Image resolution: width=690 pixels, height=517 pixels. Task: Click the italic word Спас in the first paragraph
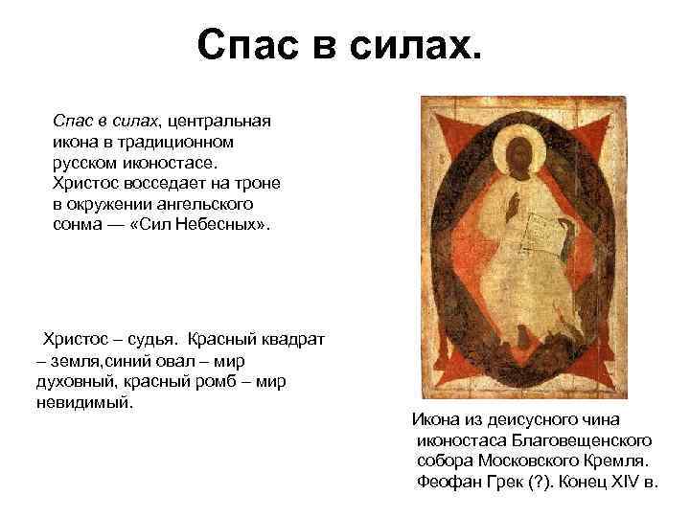[x=73, y=123]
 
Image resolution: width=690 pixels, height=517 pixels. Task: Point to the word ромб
[x=221, y=381]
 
